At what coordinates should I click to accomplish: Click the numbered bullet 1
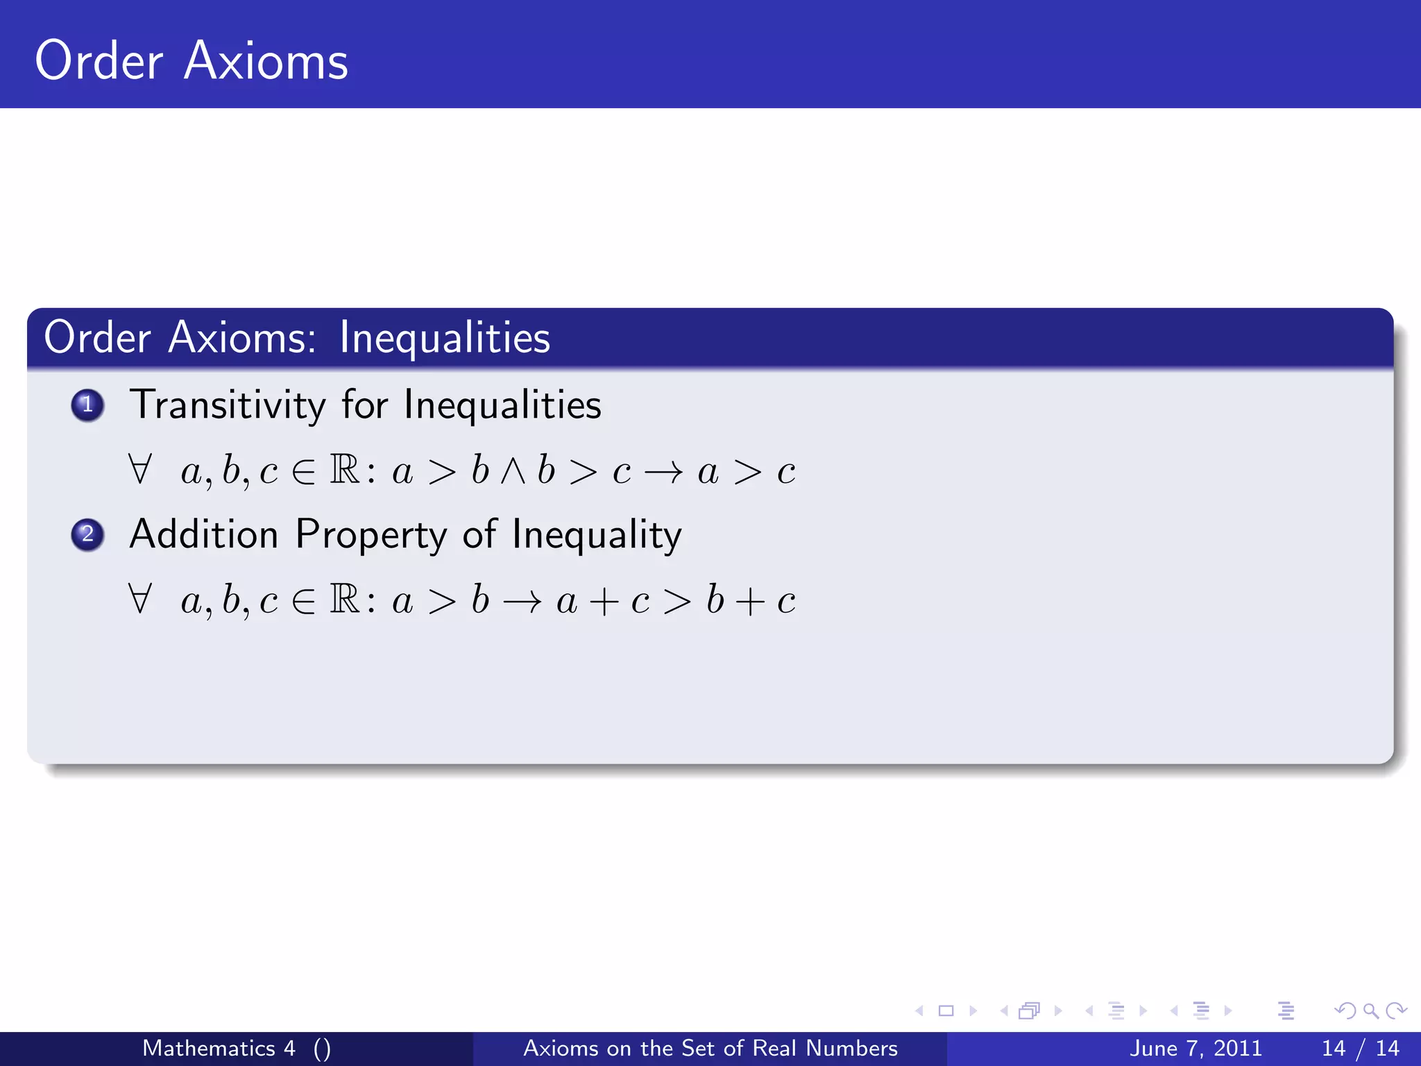[87, 405]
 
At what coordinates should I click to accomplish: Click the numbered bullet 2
[87, 534]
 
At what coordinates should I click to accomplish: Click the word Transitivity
[228, 405]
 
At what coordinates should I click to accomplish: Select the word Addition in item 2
[204, 534]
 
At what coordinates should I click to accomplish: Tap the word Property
[371, 536]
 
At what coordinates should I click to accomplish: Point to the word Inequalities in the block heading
[445, 338]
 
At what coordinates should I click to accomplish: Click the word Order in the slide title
[99, 61]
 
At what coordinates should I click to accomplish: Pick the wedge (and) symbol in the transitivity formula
[513, 472]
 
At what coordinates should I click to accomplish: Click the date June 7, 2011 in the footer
[1195, 1048]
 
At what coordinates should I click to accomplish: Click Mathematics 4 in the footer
[219, 1048]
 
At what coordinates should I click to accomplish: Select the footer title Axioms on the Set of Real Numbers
[710, 1048]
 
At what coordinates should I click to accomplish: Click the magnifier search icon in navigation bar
[1370, 1010]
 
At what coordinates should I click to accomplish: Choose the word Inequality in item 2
[597, 536]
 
